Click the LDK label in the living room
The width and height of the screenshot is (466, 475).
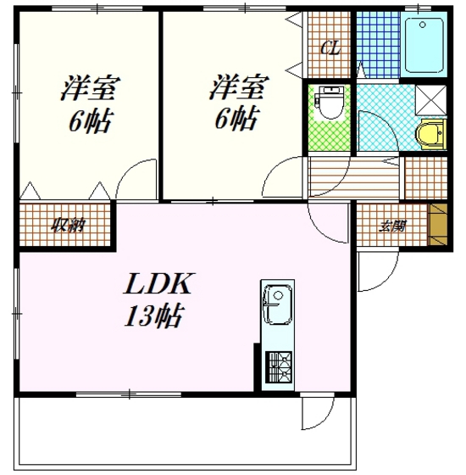pyautogui.click(x=158, y=283)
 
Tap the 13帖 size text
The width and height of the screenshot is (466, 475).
pyautogui.click(x=154, y=316)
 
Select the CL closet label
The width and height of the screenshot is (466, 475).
pyautogui.click(x=330, y=47)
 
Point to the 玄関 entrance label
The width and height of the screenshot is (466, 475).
pyautogui.click(x=393, y=226)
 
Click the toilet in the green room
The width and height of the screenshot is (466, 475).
pyautogui.click(x=329, y=103)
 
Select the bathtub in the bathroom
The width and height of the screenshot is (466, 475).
pyautogui.click(x=424, y=46)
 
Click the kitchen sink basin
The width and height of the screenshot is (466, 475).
pyautogui.click(x=278, y=305)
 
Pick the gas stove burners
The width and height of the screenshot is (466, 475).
pyautogui.click(x=279, y=366)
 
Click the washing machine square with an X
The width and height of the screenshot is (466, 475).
pyautogui.click(x=431, y=100)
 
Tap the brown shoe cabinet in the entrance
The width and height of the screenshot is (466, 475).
pyautogui.click(x=438, y=225)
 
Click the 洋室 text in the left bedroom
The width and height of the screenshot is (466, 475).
pyautogui.click(x=91, y=87)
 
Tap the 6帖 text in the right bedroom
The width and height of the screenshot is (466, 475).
pyautogui.click(x=236, y=119)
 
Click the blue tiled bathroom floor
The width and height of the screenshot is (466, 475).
pyautogui.click(x=378, y=44)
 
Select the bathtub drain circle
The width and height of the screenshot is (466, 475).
pyautogui.click(x=423, y=25)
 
